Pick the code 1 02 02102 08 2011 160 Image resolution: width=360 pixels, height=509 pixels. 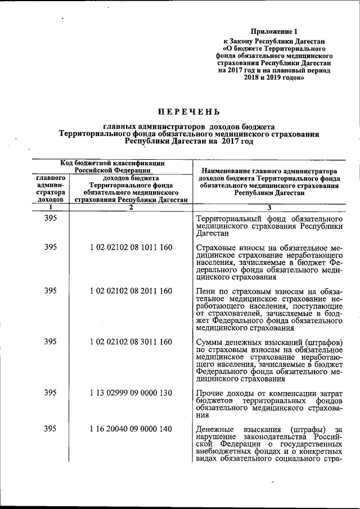[x=130, y=290]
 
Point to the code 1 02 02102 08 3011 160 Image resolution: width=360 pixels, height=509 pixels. [x=130, y=341]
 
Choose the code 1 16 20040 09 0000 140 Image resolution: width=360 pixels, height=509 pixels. [x=130, y=430]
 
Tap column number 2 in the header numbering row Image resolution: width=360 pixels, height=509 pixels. [x=130, y=207]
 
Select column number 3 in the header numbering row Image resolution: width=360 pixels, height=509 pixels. [x=269, y=207]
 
